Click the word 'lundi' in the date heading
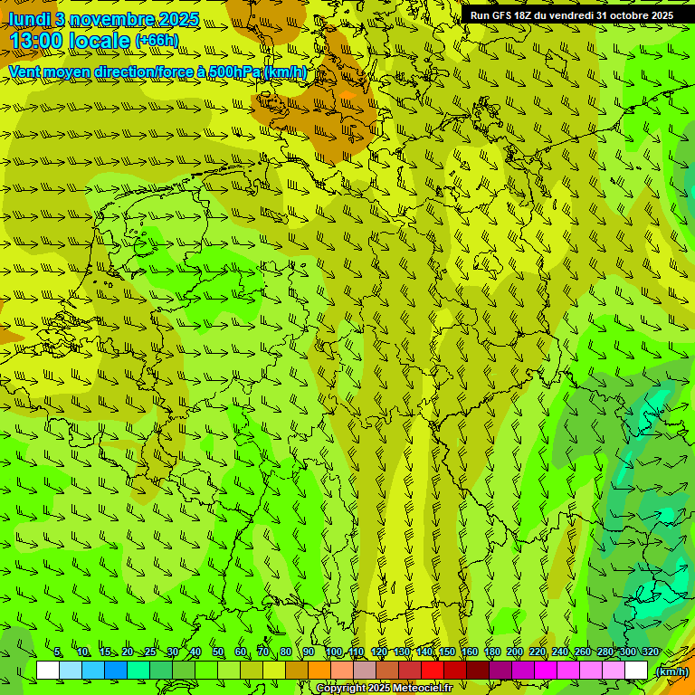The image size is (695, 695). tap(28, 19)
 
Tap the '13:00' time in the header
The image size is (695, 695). tap(37, 41)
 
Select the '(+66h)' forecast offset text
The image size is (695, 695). tap(157, 41)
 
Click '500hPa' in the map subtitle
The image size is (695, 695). tap(234, 72)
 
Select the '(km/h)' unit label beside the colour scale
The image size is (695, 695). tap(671, 671)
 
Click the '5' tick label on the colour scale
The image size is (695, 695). tap(58, 652)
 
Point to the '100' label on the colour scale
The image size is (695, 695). tap(333, 652)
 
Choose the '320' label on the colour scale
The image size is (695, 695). tap(650, 652)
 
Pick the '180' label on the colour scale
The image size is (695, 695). tap(491, 652)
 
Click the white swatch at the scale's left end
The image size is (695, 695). tap(48, 671)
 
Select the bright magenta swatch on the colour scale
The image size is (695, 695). tap(546, 671)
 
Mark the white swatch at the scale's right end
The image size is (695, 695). tap(636, 671)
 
